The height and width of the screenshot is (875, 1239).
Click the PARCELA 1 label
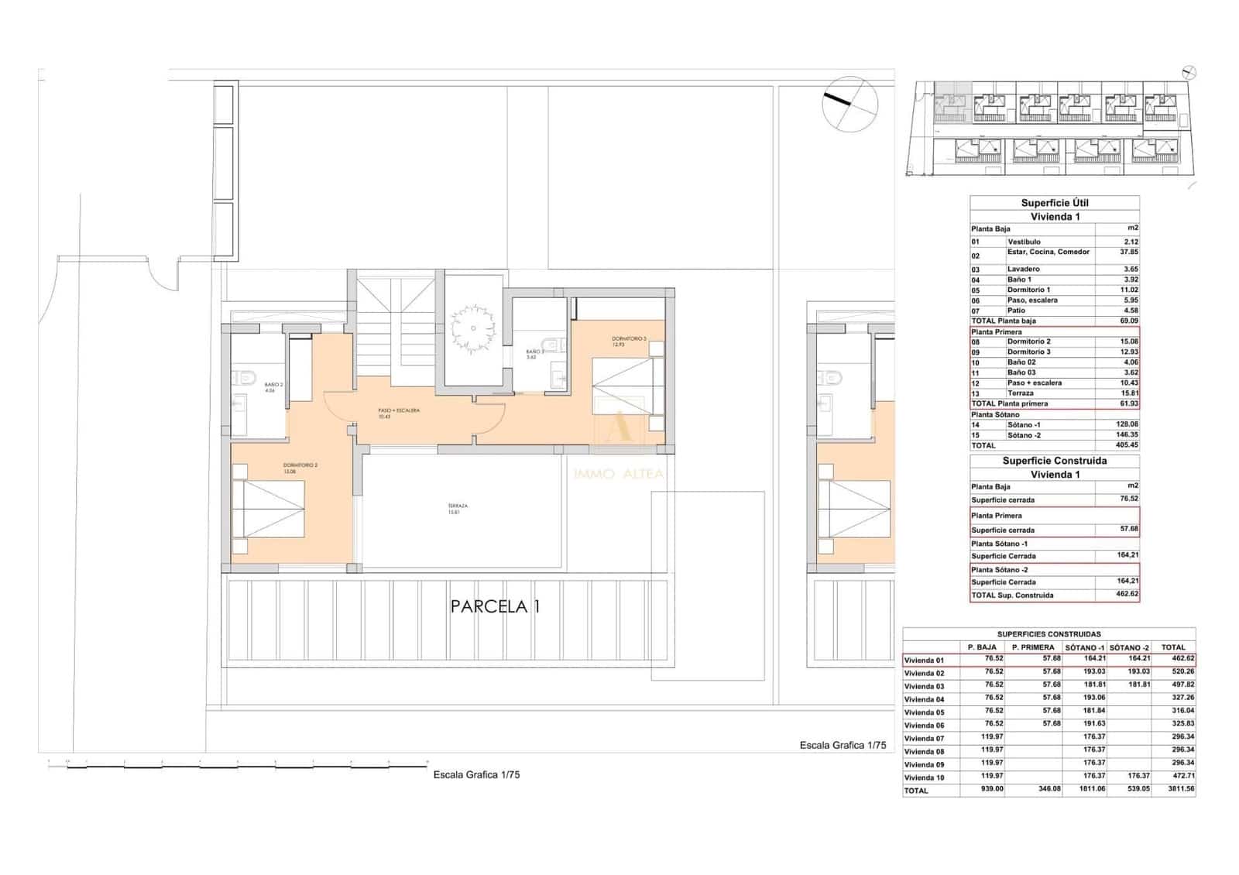point(495,606)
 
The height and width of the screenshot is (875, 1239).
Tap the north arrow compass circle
point(850,104)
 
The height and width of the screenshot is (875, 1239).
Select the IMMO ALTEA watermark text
point(618,473)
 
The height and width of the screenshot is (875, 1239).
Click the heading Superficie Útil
point(1054,203)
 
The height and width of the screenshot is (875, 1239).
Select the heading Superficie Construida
point(1054,461)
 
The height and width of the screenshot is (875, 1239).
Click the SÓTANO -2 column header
point(1129,647)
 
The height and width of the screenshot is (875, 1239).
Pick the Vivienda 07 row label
point(925,739)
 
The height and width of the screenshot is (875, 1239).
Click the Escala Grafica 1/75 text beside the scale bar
point(476,774)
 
